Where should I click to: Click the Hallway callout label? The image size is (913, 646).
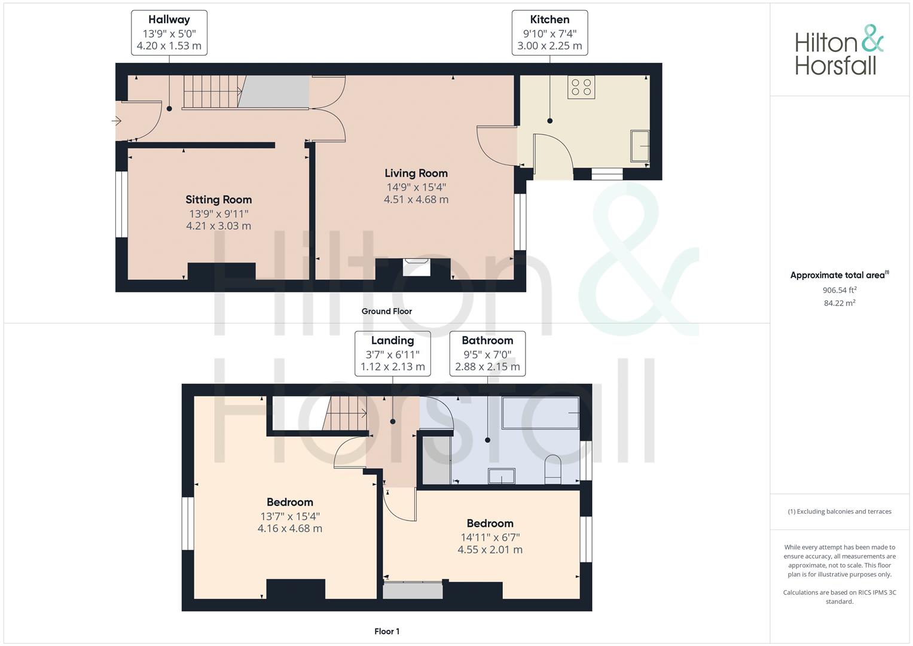click(169, 33)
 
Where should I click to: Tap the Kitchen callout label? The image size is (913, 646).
click(549, 33)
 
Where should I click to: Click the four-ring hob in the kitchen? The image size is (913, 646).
click(581, 87)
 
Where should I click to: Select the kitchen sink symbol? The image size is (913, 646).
click(640, 145)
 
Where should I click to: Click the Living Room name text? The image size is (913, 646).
click(416, 173)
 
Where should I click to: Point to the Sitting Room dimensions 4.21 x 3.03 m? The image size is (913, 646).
click(218, 226)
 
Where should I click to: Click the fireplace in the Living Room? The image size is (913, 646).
click(416, 267)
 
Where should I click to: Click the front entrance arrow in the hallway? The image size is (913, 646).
click(117, 121)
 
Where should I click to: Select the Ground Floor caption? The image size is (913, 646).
click(386, 311)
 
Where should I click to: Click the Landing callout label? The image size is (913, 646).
click(392, 354)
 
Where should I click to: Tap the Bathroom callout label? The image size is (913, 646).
click(487, 354)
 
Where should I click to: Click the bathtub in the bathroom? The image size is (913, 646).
click(541, 413)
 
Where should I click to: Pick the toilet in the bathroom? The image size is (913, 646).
click(553, 469)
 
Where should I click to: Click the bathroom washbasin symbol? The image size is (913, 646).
click(501, 476)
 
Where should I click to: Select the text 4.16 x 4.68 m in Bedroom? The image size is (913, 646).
click(290, 529)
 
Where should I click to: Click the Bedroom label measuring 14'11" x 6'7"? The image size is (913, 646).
click(490, 523)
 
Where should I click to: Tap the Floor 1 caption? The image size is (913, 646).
click(387, 631)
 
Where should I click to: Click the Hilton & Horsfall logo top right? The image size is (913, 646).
click(839, 50)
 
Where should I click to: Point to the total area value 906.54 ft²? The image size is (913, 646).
click(839, 290)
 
